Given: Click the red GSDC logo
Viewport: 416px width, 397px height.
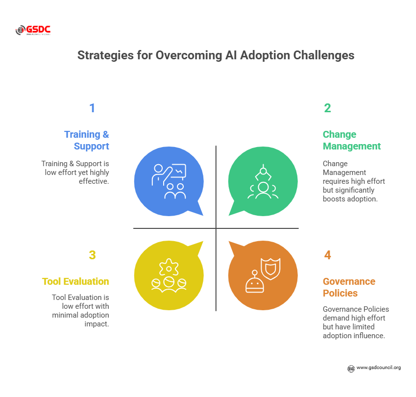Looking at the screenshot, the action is click(x=33, y=30).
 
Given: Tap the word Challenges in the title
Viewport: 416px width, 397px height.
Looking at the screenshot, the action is click(x=324, y=55).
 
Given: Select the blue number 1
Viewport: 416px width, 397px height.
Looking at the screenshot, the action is click(x=92, y=108).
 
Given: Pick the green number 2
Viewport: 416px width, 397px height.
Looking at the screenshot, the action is click(x=327, y=108).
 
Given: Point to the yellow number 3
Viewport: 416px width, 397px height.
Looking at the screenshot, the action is click(x=92, y=255).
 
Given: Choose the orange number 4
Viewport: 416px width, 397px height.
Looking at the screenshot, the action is click(x=327, y=255).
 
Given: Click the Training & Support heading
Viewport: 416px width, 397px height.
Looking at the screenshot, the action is click(x=87, y=140).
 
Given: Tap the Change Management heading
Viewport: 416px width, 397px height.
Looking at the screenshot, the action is click(x=351, y=140).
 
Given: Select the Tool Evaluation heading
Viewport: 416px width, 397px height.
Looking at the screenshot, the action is click(x=75, y=281).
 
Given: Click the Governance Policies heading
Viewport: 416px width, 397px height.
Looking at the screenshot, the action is click(x=349, y=287).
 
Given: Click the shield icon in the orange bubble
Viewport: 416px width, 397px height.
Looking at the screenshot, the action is click(x=270, y=269).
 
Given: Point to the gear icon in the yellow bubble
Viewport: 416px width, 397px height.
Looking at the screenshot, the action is click(x=169, y=267).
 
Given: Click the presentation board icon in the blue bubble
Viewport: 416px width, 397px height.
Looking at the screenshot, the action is click(x=178, y=171).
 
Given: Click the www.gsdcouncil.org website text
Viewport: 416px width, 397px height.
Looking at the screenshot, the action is click(x=379, y=368).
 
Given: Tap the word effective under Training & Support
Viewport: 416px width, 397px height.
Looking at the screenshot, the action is click(x=94, y=181).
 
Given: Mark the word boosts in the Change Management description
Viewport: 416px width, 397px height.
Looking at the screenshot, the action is click(x=334, y=199).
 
